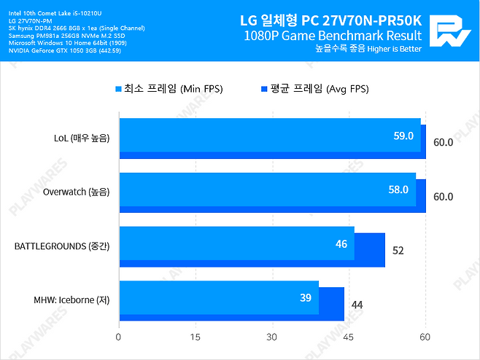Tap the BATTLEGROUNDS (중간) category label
tap(62, 246)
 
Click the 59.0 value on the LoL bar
tap(403, 136)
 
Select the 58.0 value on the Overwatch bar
tap(398, 189)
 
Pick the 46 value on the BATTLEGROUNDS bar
tap(341, 243)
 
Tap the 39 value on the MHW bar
tap(306, 297)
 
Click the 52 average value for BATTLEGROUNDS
tap(398, 251)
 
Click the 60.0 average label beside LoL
tap(443, 142)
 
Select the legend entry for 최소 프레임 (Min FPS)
tap(169, 89)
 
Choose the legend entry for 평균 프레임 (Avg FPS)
tap(315, 89)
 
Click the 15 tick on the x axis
tap(195, 337)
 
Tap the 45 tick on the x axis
tap(348, 337)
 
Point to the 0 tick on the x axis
tap(118, 337)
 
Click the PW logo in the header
tap(452, 31)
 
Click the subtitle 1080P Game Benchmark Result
tap(333, 35)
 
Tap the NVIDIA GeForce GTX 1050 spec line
tap(55, 50)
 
